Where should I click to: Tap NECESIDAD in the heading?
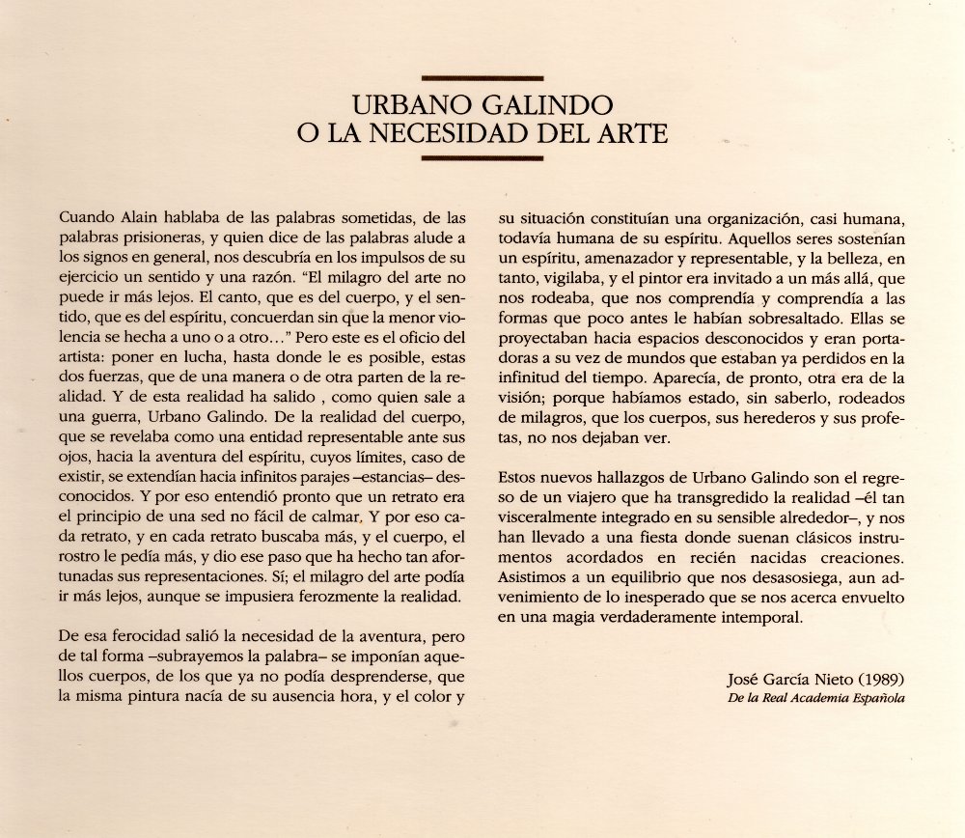pyautogui.click(x=475, y=130)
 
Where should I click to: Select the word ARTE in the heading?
pyautogui.click(x=627, y=130)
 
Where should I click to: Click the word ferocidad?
pyautogui.click(x=131, y=637)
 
